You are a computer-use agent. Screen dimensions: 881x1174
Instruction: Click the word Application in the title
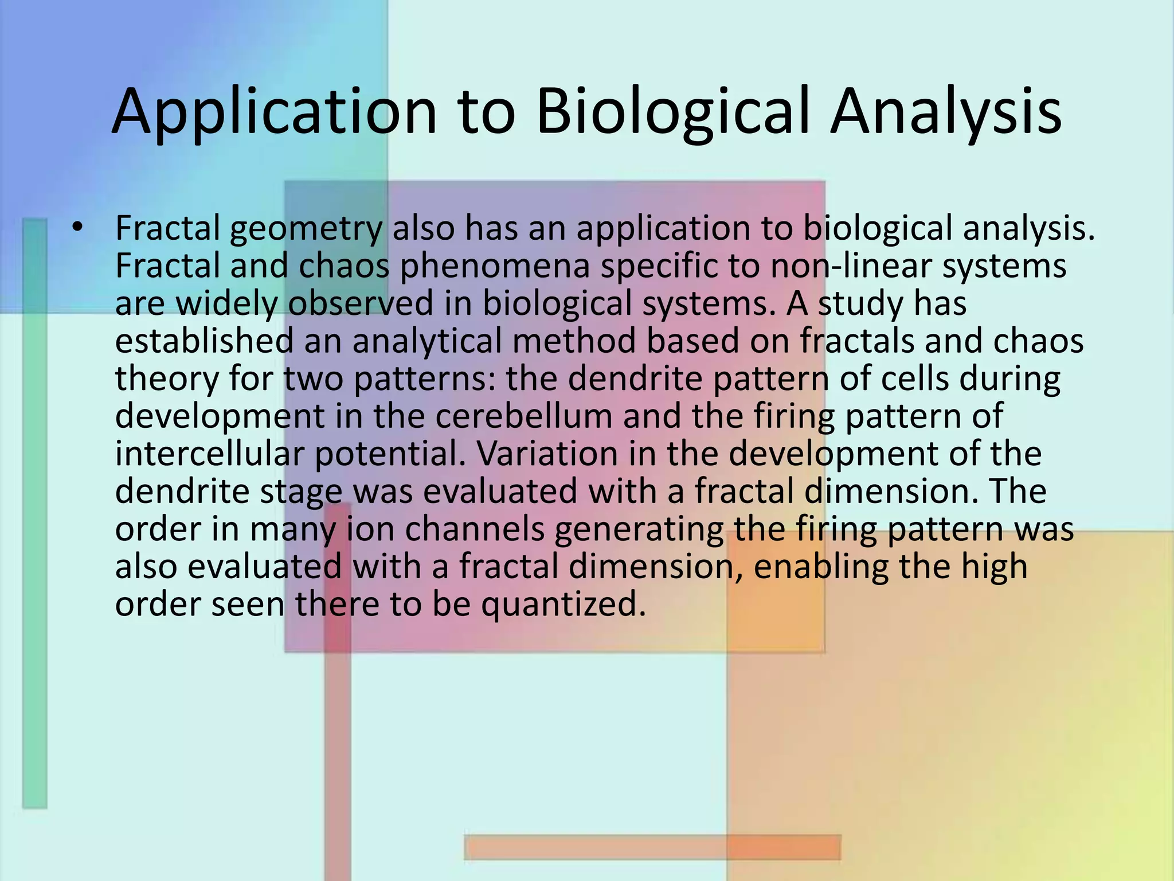tap(274, 112)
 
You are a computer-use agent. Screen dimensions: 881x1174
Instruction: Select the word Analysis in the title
tap(946, 112)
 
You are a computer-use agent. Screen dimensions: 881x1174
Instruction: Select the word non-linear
tap(851, 267)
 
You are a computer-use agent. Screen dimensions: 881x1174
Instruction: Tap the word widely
tap(226, 304)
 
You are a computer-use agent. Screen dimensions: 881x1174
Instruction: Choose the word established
tap(204, 341)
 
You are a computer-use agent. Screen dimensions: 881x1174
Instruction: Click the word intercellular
tap(209, 454)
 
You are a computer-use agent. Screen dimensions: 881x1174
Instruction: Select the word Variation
tap(544, 454)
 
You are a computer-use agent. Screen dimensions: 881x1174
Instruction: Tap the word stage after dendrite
tap(301, 492)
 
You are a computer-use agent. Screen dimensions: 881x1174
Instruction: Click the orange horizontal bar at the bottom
tap(652, 847)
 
